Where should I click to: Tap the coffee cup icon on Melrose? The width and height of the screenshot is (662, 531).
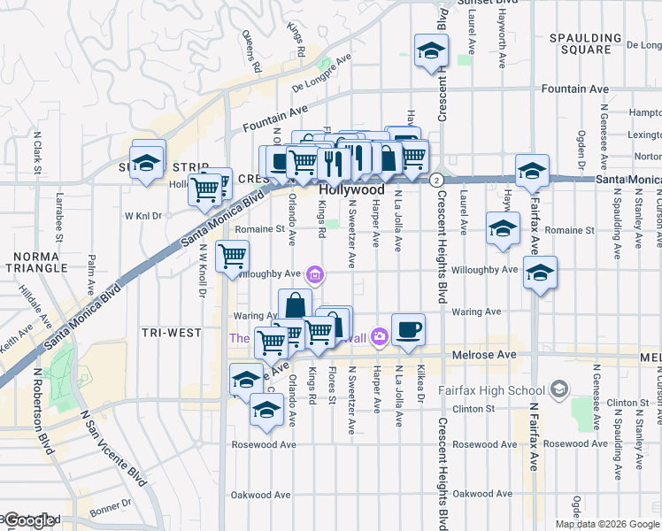pos(408,330)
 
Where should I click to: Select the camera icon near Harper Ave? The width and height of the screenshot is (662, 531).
pos(380,335)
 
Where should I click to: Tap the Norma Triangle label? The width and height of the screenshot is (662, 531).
pos(35,262)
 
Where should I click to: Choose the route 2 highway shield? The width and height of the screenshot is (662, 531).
pos(436,180)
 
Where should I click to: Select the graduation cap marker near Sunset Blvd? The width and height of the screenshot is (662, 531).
pos(431,50)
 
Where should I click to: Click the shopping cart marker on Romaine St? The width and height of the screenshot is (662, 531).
pos(232,257)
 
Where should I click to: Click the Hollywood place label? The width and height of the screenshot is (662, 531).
pos(351,190)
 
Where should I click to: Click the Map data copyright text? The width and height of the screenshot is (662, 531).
pos(606,524)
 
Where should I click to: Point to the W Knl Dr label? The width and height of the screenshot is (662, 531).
pos(145,215)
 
